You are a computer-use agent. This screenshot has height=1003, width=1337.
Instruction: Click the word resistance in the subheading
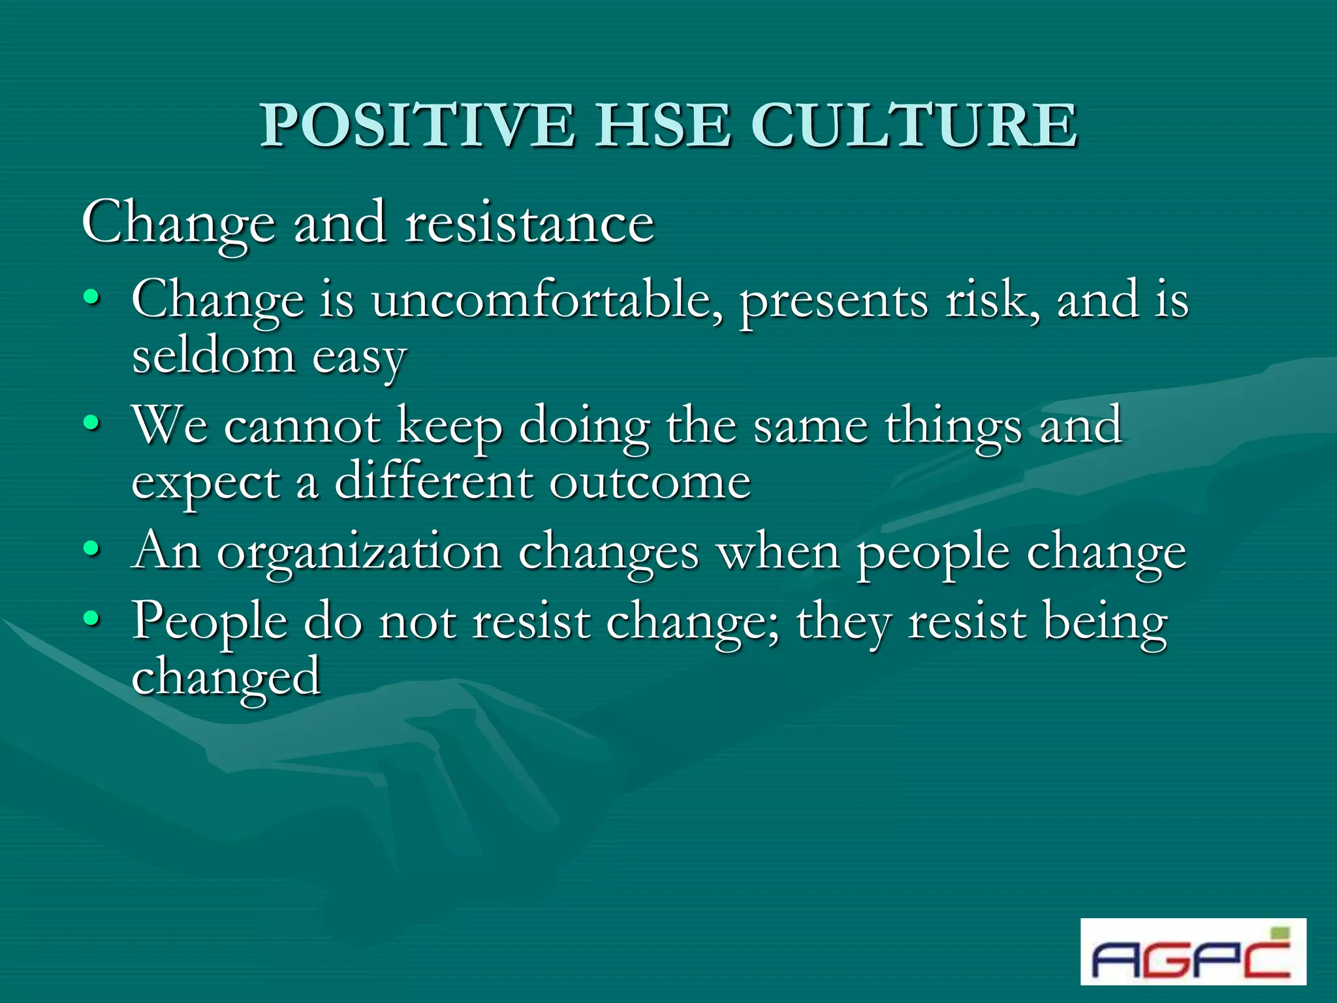point(529,223)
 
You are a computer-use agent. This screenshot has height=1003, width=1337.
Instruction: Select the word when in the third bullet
point(778,552)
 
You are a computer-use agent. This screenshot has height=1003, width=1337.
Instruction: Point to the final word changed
point(226,678)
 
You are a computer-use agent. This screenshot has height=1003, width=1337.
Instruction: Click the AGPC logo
point(1193,951)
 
